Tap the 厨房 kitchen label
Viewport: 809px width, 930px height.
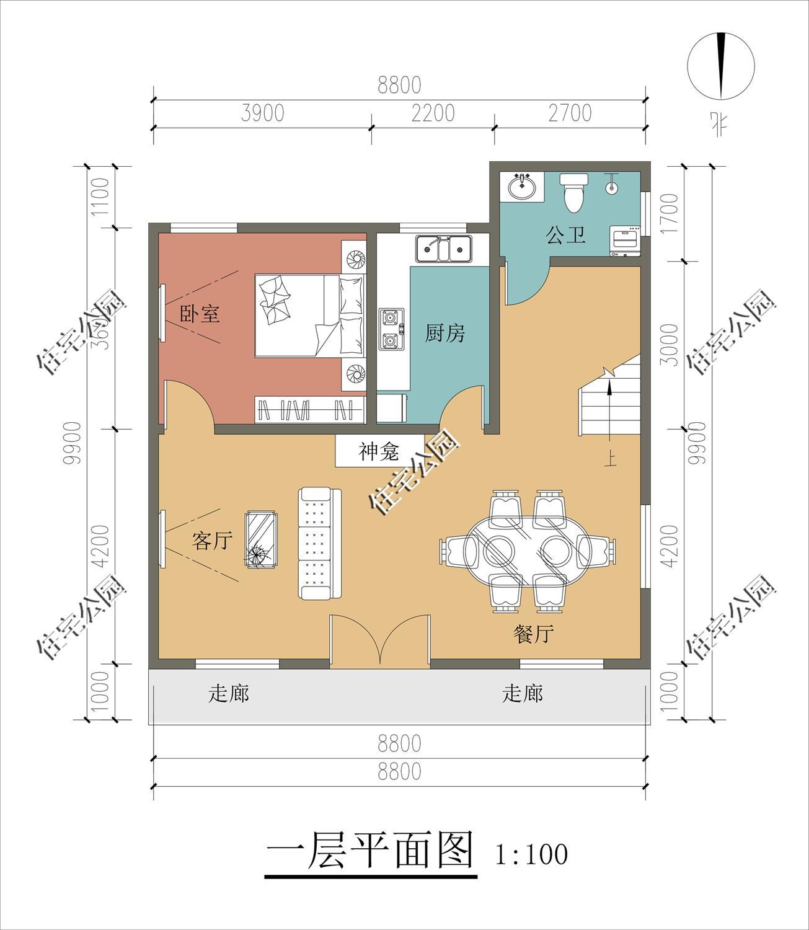[x=444, y=334]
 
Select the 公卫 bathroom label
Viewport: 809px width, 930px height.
[x=565, y=235]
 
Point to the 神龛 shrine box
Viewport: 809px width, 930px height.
[x=379, y=451]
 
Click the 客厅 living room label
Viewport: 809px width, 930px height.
[x=212, y=541]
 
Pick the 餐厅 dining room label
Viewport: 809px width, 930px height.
[x=533, y=634]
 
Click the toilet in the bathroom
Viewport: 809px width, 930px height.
[x=573, y=192]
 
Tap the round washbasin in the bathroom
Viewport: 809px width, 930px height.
[x=523, y=187]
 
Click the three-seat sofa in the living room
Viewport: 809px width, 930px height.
[x=319, y=544]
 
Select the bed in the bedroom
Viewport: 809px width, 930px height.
[x=308, y=316]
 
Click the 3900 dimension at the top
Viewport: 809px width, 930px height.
[x=262, y=113]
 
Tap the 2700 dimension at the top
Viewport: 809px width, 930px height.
[x=570, y=113]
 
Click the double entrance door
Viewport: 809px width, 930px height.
[x=379, y=642]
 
